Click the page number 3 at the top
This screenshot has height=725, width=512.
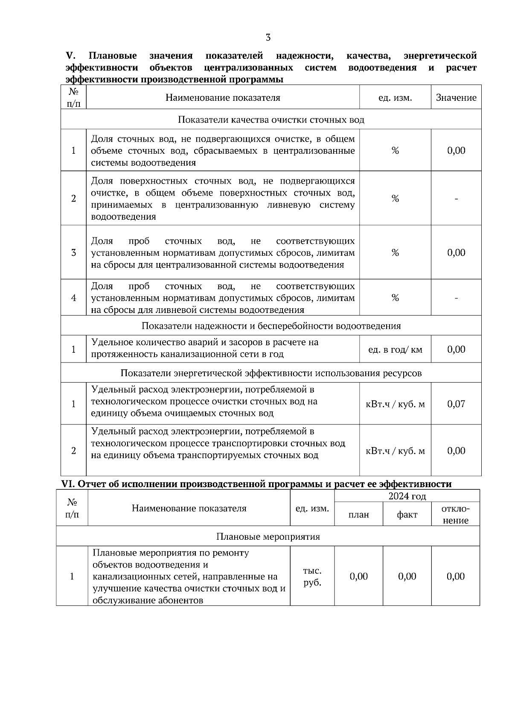268,38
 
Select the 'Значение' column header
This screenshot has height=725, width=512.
456,98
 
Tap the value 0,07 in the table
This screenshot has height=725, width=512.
456,404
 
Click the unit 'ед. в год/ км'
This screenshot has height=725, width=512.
395,350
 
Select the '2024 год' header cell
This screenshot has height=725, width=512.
407,496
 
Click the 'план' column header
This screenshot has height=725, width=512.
358,515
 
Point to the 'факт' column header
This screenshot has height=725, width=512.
407,515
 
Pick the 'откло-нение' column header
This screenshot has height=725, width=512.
455,515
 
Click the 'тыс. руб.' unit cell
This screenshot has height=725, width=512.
312,577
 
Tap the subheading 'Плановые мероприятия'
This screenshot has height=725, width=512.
268,537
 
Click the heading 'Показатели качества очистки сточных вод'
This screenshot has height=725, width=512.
271,120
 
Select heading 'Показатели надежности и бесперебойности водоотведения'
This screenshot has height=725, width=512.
271,326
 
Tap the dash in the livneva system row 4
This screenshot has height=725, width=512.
456,298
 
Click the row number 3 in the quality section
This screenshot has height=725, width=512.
73,253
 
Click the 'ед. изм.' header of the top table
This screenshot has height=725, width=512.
395,98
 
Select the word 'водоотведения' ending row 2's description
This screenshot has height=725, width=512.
123,217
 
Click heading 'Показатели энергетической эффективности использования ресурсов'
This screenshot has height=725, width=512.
271,373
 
